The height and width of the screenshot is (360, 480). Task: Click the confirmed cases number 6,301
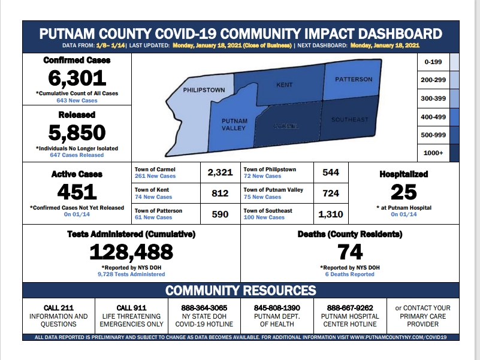coord(77,78)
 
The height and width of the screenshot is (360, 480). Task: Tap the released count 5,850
coord(77,132)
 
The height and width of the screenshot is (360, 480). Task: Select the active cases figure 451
coord(77,192)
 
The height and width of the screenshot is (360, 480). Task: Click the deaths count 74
coord(351,252)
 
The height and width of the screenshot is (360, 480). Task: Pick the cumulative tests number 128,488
coord(131,252)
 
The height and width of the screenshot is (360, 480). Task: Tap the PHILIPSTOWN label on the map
coord(204,90)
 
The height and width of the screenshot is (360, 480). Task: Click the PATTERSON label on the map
coord(354,79)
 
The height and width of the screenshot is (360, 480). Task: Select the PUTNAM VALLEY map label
coord(234,125)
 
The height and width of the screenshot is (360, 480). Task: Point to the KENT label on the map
coord(284,85)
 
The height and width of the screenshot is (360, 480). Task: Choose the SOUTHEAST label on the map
coord(350,119)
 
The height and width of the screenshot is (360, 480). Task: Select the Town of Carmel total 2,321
coord(220,173)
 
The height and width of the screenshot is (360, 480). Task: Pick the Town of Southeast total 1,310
coord(331,214)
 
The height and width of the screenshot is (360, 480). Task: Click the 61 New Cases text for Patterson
coord(153,217)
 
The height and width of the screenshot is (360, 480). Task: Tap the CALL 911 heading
coord(131,308)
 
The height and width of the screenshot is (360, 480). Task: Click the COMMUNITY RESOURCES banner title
coord(240,291)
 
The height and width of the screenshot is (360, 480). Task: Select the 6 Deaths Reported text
coord(350,274)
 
